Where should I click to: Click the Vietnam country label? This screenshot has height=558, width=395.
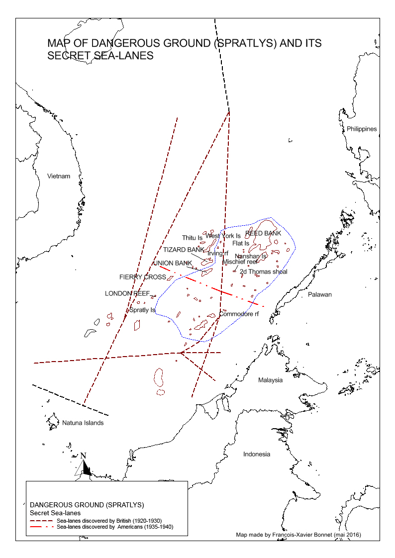tap(59, 176)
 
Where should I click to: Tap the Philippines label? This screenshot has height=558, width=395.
tap(362, 129)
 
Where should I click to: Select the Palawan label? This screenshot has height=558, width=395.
tap(319, 294)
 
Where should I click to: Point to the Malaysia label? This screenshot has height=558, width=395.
tap(270, 380)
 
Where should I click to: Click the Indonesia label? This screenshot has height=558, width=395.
tap(257, 454)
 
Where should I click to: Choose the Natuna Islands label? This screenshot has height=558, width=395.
tap(83, 423)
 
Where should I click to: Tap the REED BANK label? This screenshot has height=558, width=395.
tap(263, 233)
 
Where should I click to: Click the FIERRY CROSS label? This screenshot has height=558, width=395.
tap(142, 277)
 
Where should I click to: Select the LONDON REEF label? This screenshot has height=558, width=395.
tap(127, 293)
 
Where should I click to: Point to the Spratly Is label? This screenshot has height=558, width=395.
tap(142, 310)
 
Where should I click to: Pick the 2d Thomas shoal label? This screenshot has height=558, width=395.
tap(263, 272)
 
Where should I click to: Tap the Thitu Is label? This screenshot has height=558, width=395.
tap(192, 238)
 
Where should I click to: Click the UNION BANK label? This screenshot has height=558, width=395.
tap(173, 263)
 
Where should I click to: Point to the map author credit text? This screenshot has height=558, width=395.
tap(298, 535)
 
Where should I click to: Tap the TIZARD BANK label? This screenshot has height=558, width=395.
tap(184, 249)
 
